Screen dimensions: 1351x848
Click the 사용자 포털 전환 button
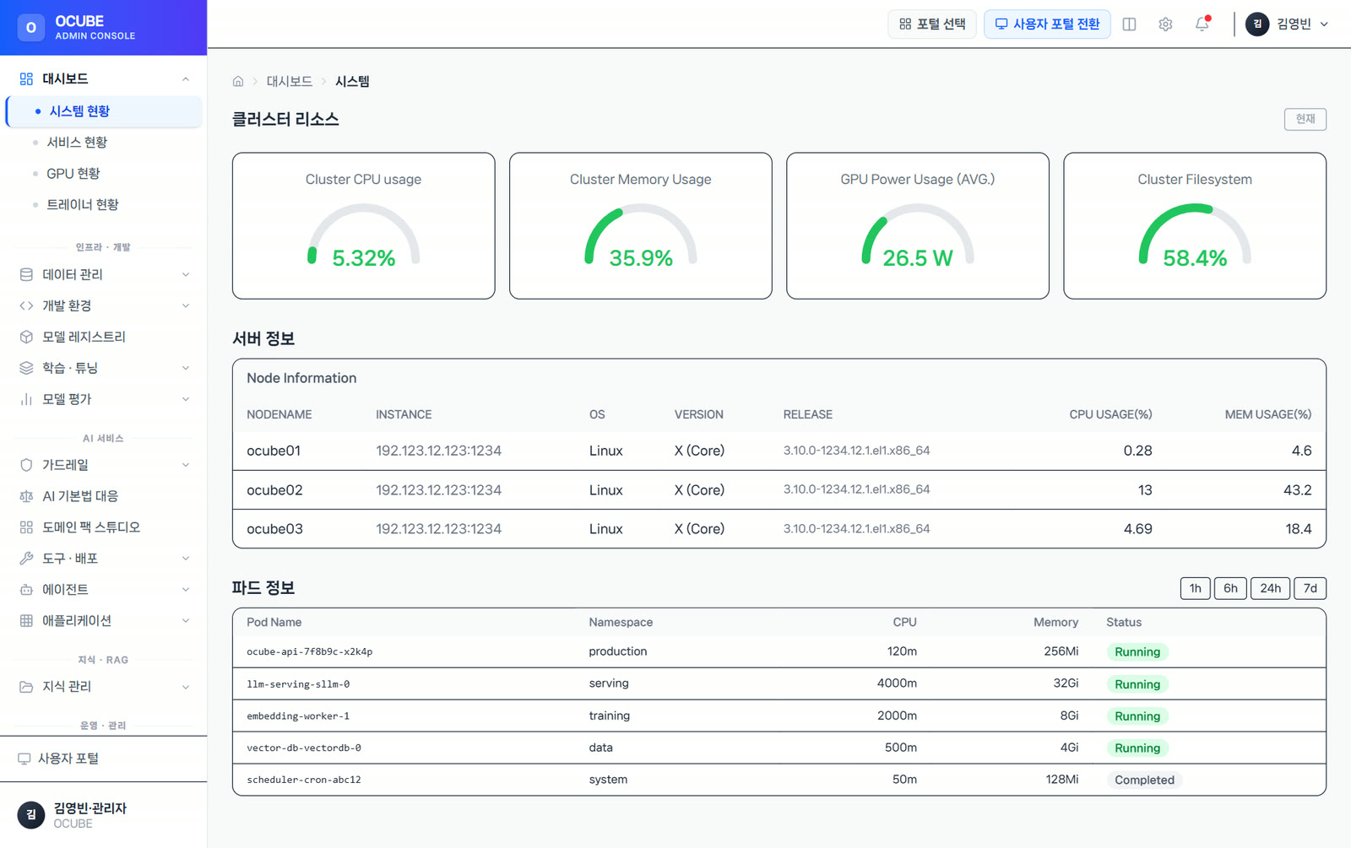(1047, 24)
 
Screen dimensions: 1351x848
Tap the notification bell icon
(1202, 24)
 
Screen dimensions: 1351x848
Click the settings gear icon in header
(1165, 24)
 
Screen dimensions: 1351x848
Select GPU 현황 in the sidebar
(73, 174)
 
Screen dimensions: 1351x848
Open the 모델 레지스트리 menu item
(84, 337)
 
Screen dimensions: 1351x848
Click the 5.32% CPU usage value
(364, 258)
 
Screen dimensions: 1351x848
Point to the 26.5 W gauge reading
(917, 258)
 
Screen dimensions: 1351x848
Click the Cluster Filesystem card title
(1194, 179)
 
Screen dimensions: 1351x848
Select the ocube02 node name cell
(274, 490)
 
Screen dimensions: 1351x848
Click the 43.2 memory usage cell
(1297, 490)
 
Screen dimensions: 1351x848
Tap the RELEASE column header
(807, 414)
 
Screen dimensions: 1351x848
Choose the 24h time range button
(1270, 588)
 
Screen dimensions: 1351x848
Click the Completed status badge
(1144, 780)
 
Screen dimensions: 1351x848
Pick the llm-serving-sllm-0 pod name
(298, 684)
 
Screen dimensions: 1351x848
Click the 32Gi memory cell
(1065, 683)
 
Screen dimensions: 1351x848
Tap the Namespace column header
(621, 622)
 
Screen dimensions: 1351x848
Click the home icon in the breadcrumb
(238, 81)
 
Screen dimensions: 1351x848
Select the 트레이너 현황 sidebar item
(83, 205)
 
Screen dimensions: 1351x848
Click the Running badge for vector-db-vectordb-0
(1137, 748)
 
